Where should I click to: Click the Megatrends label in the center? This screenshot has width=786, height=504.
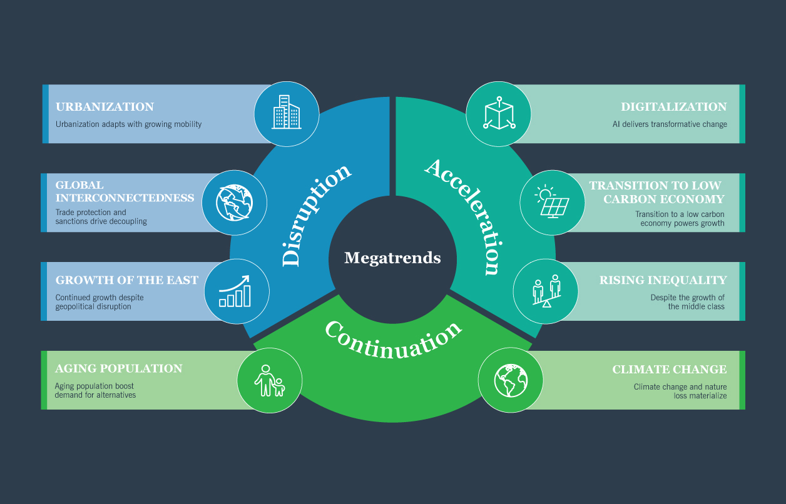coord(392,258)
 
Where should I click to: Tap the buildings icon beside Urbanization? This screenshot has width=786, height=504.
coord(286,113)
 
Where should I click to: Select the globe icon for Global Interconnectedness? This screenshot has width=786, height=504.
coord(235,201)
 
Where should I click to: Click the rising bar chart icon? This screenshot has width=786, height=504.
coord(235,291)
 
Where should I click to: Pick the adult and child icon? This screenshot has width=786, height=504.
coord(270,380)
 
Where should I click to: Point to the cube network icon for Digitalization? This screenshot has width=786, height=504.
coord(499,114)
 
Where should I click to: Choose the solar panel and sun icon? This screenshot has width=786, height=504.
coord(552,201)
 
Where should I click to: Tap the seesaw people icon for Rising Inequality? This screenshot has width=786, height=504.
coord(546,291)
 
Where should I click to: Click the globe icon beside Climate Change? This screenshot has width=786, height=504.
coord(511,380)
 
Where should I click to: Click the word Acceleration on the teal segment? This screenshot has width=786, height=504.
coord(465,216)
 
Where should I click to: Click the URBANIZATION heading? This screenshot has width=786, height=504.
coord(105,107)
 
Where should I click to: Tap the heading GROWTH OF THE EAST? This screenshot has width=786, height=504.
coord(127,280)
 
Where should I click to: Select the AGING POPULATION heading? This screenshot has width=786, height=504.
coord(119,368)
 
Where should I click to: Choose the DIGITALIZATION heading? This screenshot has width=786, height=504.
coord(673,107)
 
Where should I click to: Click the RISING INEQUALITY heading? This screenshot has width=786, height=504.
coord(663,280)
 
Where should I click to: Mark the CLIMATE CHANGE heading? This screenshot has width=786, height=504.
coord(669,370)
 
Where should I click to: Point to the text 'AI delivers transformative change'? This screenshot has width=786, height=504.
coord(670,124)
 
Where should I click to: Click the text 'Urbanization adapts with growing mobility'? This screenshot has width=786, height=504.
coord(128,124)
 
